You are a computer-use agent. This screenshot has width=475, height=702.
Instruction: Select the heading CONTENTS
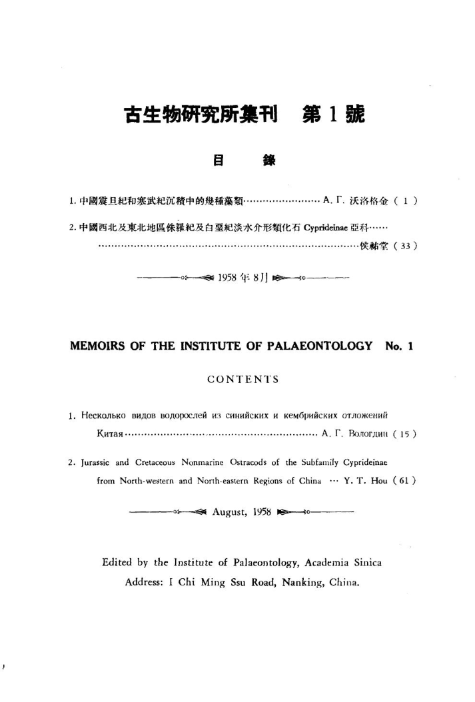coord(242,380)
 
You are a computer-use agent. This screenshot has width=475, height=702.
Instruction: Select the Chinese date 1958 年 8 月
coord(242,276)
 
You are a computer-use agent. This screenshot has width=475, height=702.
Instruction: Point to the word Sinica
coord(360,562)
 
